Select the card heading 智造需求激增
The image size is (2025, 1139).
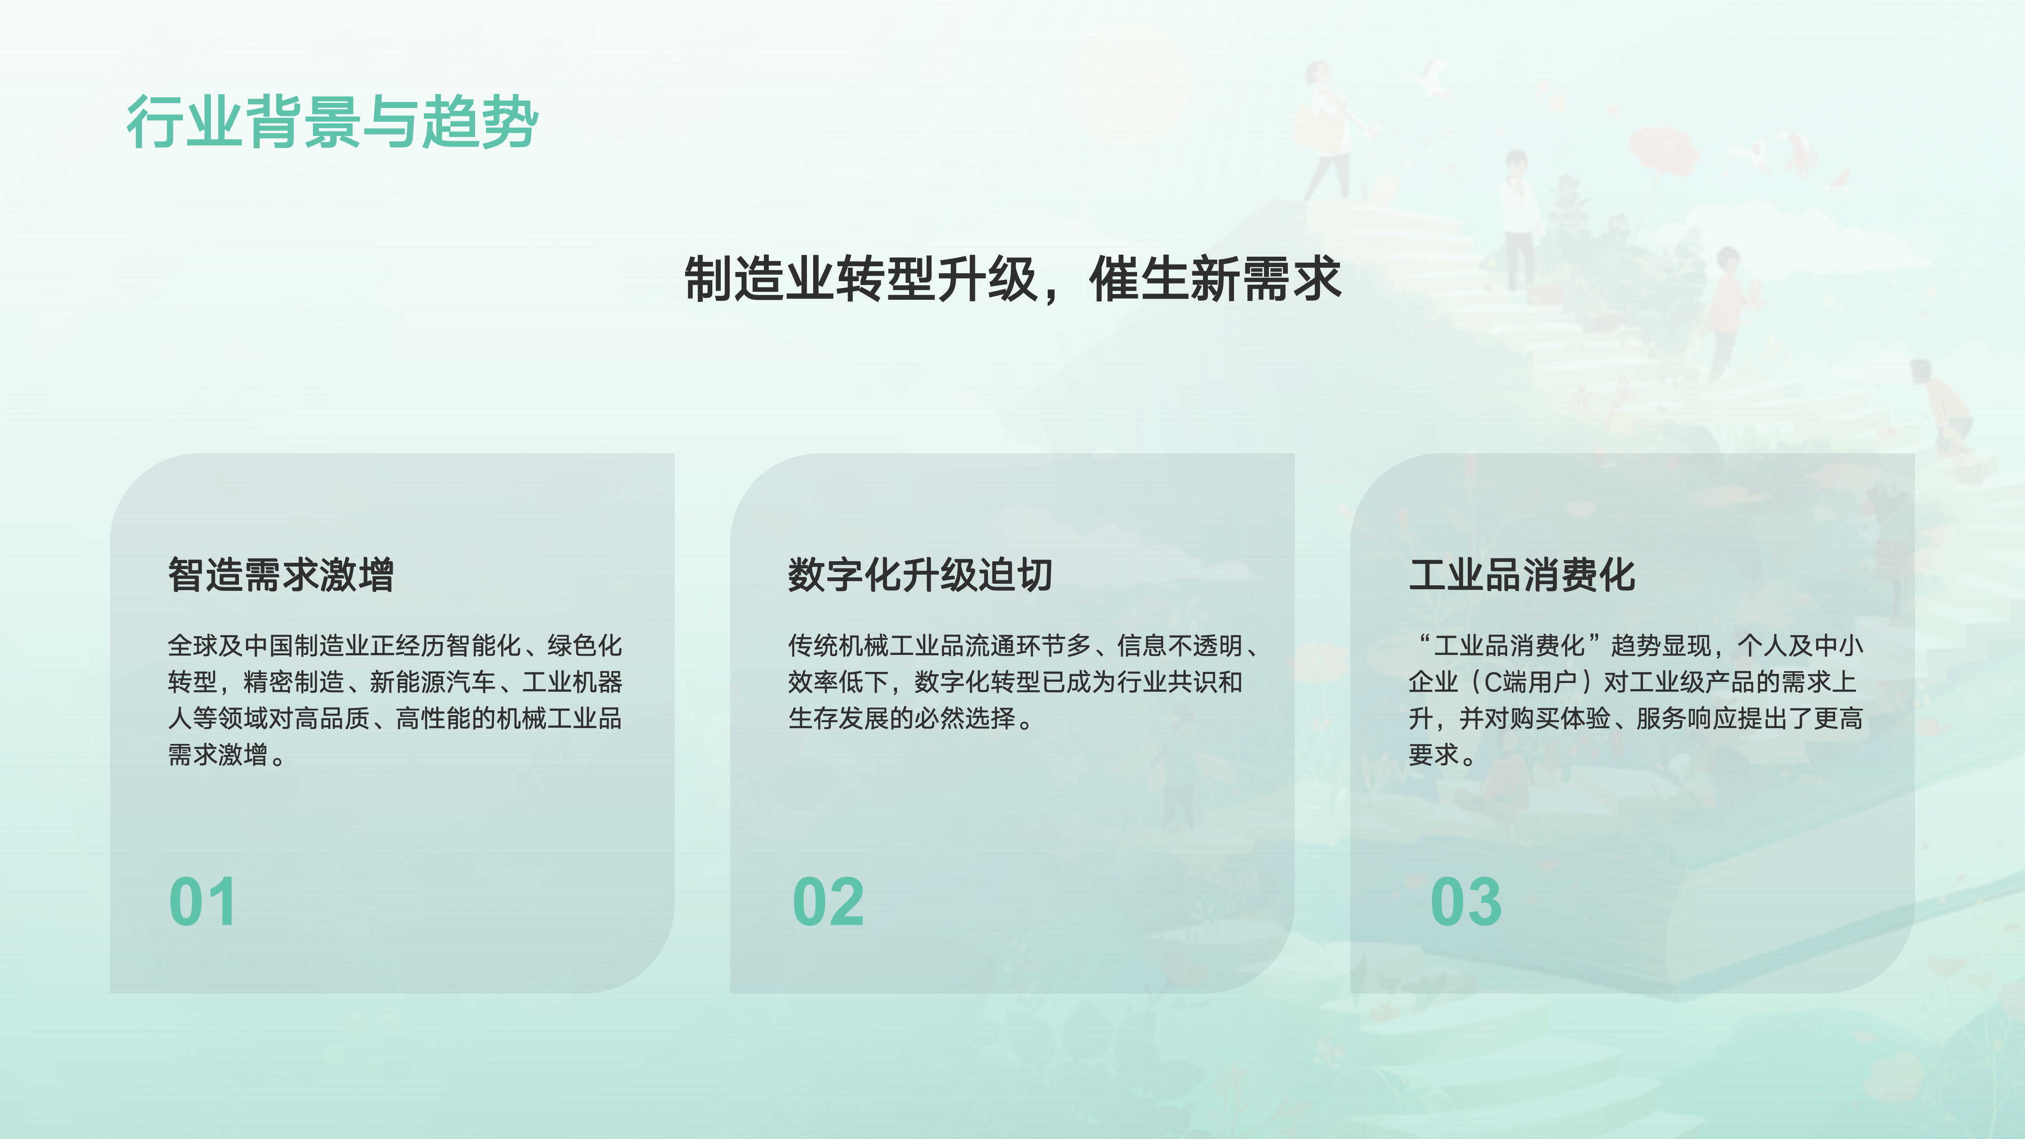(281, 575)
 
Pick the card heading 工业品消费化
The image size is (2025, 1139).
(1522, 575)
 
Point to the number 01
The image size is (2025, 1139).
(202, 902)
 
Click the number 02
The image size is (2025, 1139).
(829, 902)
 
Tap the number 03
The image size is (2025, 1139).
(1466, 902)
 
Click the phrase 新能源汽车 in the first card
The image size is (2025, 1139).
(432, 681)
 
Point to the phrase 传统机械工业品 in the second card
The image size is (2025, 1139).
(876, 645)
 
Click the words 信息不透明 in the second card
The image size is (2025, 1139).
(1179, 645)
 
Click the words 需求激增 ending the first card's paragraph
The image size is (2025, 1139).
(218, 755)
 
